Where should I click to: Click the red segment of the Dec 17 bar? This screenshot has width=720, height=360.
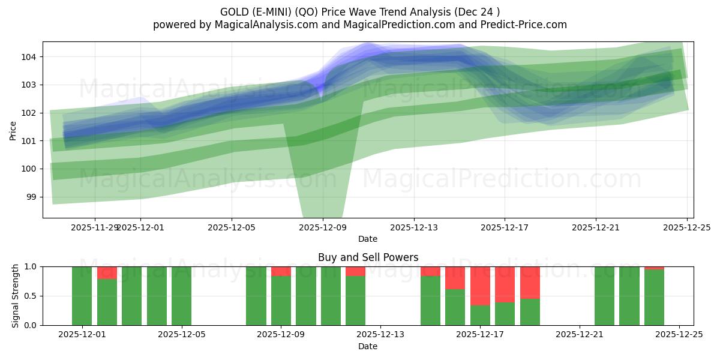click(480, 286)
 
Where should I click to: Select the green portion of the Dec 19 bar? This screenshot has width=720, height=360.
click(530, 312)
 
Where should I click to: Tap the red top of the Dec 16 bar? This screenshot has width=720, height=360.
click(455, 278)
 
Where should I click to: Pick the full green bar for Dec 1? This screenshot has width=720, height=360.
click(82, 296)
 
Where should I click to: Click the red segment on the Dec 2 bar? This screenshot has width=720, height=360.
click(107, 272)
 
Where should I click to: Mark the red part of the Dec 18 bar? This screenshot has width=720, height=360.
click(505, 284)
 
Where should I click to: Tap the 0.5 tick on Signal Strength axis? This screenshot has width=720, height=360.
click(31, 296)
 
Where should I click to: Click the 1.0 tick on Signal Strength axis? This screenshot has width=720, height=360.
click(31, 266)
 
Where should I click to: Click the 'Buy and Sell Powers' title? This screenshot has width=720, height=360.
click(368, 257)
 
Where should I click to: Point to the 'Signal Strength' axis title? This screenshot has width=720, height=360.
click(16, 296)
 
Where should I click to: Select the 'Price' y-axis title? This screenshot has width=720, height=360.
click(13, 130)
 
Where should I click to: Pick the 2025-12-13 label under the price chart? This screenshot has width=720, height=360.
click(413, 227)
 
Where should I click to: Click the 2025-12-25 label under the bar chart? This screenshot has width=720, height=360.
click(679, 335)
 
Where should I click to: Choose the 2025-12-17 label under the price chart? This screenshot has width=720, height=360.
click(505, 227)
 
